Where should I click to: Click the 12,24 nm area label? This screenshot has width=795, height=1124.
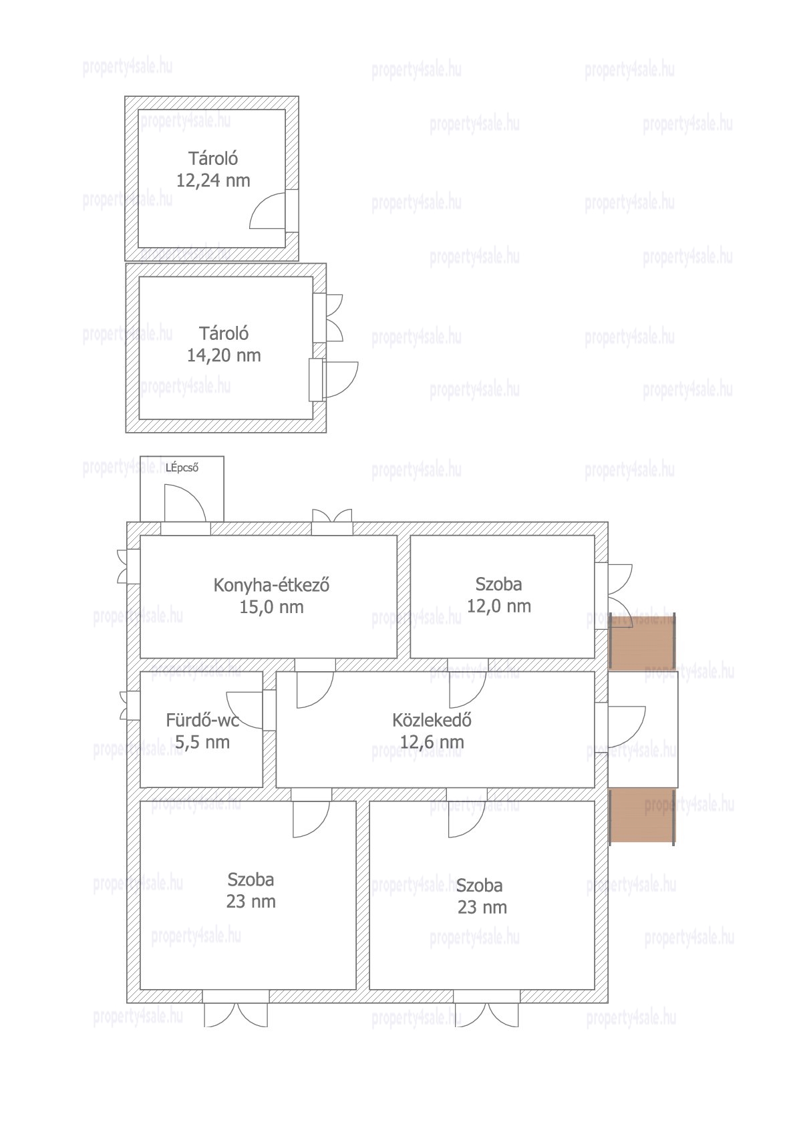[x=213, y=180]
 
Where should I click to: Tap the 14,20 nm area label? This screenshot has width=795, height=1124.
[x=224, y=356]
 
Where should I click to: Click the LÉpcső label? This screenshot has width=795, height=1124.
[x=182, y=468]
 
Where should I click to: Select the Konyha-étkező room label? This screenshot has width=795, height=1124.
[x=271, y=586]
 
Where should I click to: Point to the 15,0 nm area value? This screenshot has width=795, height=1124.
[x=271, y=607]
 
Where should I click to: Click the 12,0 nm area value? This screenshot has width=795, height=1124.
[x=499, y=606]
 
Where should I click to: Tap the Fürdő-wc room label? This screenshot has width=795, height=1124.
[x=202, y=721]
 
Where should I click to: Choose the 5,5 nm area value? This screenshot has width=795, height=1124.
[x=202, y=742]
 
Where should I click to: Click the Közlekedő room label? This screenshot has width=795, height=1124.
[x=432, y=721]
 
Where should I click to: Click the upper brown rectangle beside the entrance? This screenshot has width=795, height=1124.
[x=642, y=642]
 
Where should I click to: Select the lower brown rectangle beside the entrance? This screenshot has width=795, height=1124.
[x=642, y=816]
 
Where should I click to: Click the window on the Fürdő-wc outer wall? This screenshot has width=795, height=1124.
[x=130, y=705]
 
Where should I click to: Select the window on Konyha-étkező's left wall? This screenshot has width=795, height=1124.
[x=128, y=566]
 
